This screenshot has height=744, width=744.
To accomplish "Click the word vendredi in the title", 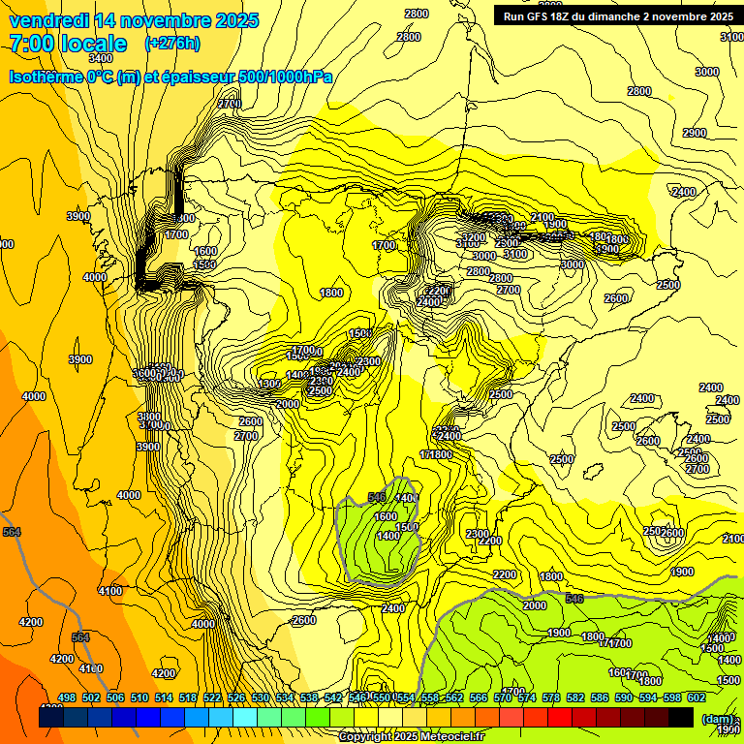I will [x=49, y=20].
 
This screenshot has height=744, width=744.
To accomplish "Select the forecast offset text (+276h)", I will [x=172, y=43].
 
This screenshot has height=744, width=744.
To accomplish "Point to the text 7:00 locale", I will [x=68, y=44].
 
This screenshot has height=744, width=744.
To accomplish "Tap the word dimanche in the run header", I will [x=608, y=16].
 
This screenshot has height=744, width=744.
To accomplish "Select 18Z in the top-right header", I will [x=569, y=16].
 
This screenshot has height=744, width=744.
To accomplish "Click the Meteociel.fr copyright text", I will [x=411, y=736].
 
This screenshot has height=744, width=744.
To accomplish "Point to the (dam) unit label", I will [x=717, y=718].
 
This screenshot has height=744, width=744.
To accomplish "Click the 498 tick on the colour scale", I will [x=67, y=697].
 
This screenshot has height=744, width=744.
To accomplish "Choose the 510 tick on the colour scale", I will [x=139, y=697].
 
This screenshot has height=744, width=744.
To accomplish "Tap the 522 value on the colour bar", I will [x=212, y=697].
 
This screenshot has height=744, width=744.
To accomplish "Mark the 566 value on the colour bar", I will [x=479, y=697].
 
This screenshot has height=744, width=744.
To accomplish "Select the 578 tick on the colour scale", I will [x=551, y=697].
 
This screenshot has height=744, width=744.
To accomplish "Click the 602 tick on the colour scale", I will [x=697, y=697].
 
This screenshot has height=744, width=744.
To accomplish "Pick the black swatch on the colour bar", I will [x=680, y=717].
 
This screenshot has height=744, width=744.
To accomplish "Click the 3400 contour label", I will [x=100, y=58].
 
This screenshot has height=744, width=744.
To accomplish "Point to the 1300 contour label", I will [x=270, y=385].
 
